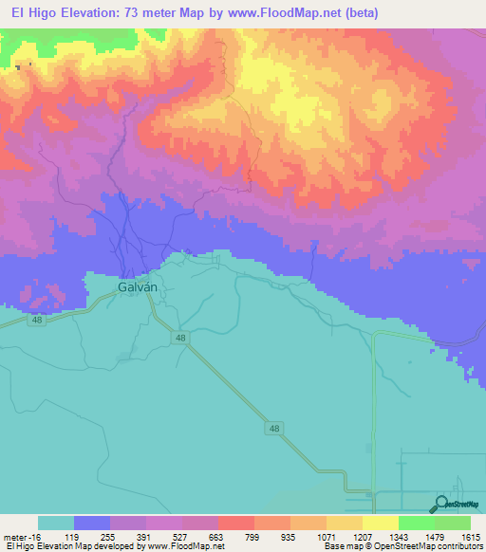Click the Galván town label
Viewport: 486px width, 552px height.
tap(137, 285)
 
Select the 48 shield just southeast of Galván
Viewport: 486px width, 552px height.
tap(181, 338)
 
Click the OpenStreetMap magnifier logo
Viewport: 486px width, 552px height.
tap(442, 506)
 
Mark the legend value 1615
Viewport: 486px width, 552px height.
tap(471, 536)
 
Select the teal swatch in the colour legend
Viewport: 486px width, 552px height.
tap(56, 523)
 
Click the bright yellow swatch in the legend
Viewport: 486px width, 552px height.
tap(380, 523)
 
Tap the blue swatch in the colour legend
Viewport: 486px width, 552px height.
tap(92, 523)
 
